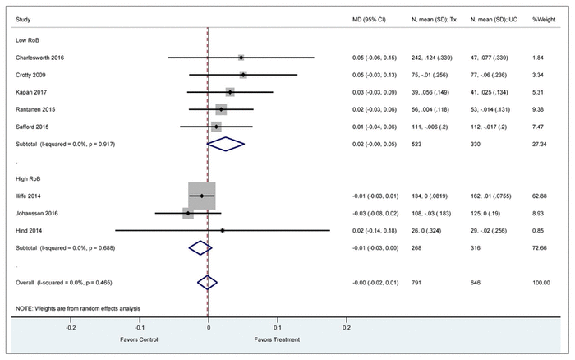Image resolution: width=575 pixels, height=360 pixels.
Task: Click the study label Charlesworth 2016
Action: click(x=41, y=58)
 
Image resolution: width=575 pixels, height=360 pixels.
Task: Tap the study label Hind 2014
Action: click(x=27, y=230)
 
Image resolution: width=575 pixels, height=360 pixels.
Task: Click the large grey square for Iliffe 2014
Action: click(x=202, y=196)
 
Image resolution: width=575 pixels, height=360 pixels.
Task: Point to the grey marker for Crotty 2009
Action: click(x=243, y=75)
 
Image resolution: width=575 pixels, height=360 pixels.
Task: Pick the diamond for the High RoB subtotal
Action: click(x=198, y=247)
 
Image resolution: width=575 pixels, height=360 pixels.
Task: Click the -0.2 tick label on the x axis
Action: click(x=71, y=327)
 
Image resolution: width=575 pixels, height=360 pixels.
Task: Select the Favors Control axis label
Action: click(x=140, y=339)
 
